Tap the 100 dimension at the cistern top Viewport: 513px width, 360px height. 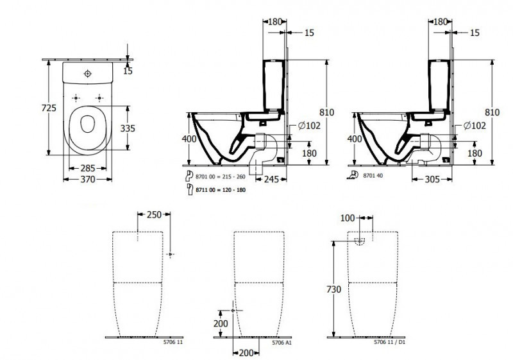[x=348, y=219]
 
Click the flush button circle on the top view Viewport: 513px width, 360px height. [x=88, y=73]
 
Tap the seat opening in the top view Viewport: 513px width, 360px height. [x=87, y=124]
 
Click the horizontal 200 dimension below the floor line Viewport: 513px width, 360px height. [x=246, y=352]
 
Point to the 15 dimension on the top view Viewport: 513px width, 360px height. [x=128, y=70]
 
